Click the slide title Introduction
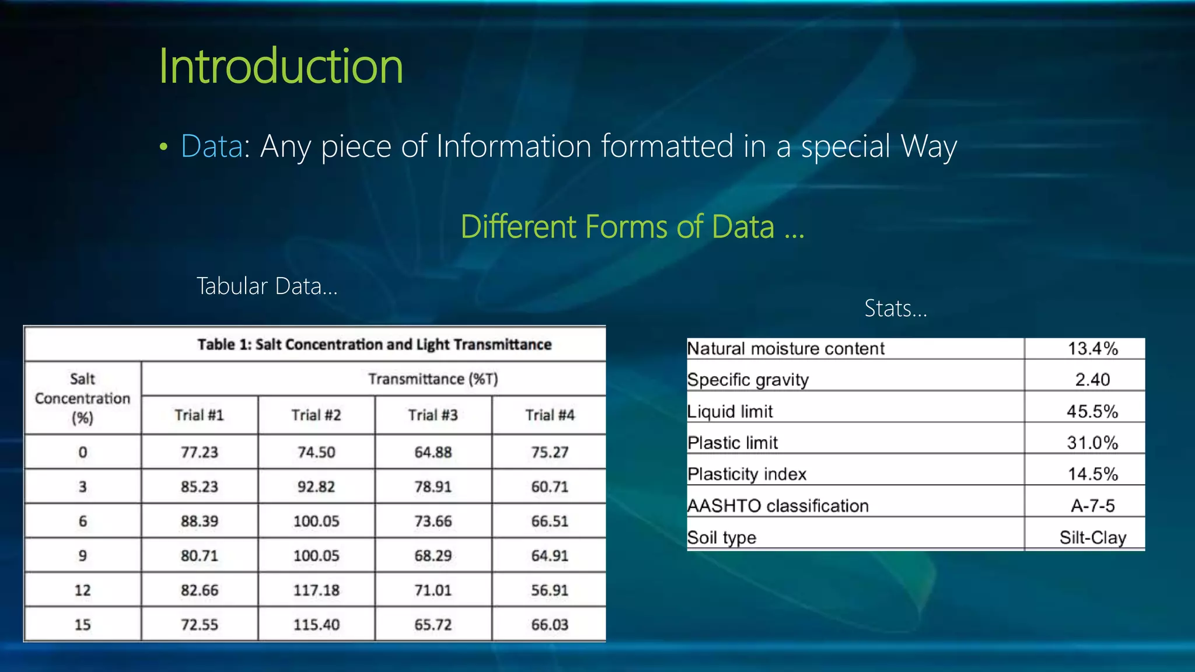coord(281,66)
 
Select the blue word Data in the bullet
coord(211,146)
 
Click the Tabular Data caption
coord(267,286)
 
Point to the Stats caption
coord(895,308)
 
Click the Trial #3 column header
coord(433,415)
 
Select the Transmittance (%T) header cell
coord(433,379)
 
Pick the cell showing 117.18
coord(316,590)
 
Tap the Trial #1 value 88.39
coord(200,521)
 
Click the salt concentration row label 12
coord(82,590)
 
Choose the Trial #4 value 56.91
coord(550,590)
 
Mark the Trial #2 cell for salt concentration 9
coord(316,556)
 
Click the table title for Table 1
coord(374,344)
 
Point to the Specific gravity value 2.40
coord(1092,380)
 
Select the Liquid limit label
coord(730,411)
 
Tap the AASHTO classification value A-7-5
coord(1092,506)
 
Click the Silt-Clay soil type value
coord(1092,537)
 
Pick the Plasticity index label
coord(747,474)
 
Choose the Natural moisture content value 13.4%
coord(1092,349)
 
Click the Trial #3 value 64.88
coord(433,452)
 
